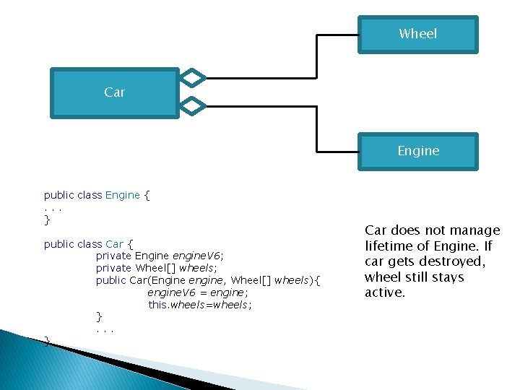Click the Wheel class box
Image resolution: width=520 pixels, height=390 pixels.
417,34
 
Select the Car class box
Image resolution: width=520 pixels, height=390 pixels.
114,92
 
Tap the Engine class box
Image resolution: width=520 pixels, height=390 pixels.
417,151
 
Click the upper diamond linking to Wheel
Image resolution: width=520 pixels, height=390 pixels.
193,77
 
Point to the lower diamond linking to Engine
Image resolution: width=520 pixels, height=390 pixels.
193,106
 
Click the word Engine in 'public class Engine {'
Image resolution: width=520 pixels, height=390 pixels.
122,195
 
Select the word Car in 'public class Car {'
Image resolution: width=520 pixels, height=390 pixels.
114,244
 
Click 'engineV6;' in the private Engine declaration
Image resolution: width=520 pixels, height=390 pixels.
198,256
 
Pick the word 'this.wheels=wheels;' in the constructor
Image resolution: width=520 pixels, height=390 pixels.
200,305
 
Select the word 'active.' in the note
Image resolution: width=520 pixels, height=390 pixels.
386,292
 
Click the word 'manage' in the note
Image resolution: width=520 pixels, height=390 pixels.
474,230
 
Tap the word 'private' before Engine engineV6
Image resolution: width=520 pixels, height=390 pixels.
113,256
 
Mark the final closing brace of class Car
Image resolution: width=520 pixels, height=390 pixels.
47,340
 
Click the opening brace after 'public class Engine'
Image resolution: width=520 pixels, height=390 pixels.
147,195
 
